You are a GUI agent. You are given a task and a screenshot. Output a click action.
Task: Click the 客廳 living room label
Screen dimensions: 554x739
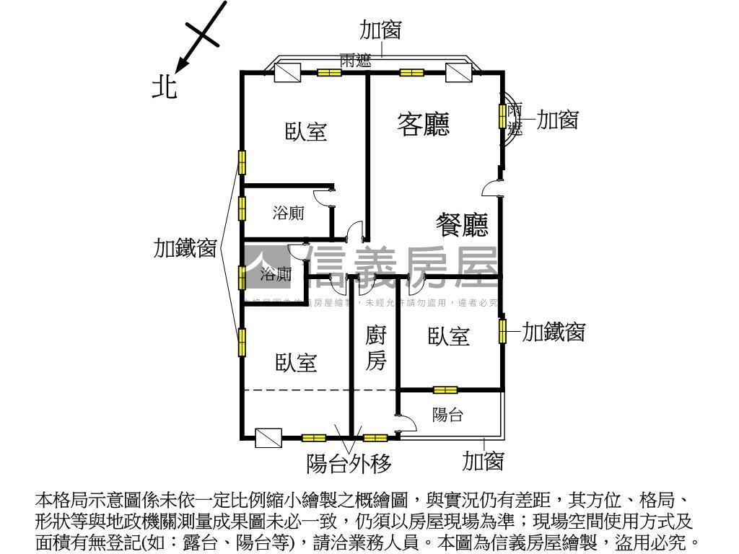coord(424,124)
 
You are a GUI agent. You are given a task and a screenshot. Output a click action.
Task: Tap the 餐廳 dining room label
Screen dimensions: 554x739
coord(463,225)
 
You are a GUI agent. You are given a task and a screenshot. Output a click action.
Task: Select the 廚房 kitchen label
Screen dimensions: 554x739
coord(375,348)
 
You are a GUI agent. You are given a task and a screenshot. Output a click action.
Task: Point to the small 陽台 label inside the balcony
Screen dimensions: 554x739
coord(447,415)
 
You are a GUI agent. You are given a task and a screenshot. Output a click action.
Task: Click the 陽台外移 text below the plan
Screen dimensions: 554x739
coord(349,464)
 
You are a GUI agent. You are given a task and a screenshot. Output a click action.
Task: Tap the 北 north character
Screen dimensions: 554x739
coord(164,87)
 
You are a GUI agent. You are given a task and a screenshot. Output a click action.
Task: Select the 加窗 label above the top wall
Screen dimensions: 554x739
coord(380,30)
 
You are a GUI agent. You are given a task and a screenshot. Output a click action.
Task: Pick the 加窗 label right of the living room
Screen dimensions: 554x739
coord(557,120)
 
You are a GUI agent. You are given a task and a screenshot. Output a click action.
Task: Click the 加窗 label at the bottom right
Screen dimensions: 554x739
coord(483,461)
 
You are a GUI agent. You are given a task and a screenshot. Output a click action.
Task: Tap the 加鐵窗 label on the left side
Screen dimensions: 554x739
coord(185,248)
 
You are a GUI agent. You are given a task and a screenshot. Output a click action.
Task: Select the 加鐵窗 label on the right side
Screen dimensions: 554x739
coord(553,332)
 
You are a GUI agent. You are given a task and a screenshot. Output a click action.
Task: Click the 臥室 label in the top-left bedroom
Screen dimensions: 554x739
coord(306,132)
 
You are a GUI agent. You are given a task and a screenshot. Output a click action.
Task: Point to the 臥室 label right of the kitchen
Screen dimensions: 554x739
coord(449,336)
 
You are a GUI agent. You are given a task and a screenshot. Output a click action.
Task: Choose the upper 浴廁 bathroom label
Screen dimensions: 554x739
coord(288,213)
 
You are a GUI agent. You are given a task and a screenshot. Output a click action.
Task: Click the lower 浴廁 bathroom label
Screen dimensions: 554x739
coord(276,274)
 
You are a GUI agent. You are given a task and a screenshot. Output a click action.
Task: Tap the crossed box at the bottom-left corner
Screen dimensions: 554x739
coord(268,437)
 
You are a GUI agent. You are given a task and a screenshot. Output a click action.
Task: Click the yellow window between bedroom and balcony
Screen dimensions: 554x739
coord(445,390)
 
